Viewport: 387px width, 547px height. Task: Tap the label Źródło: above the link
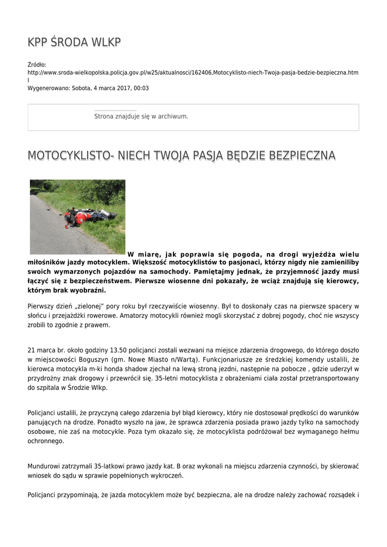tap(37, 65)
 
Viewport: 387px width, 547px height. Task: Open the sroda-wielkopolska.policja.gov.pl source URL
tap(193, 72)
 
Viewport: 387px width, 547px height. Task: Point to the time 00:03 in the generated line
tap(141, 88)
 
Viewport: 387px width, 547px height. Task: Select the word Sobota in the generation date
tap(82, 88)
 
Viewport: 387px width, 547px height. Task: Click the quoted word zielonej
tap(90, 306)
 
